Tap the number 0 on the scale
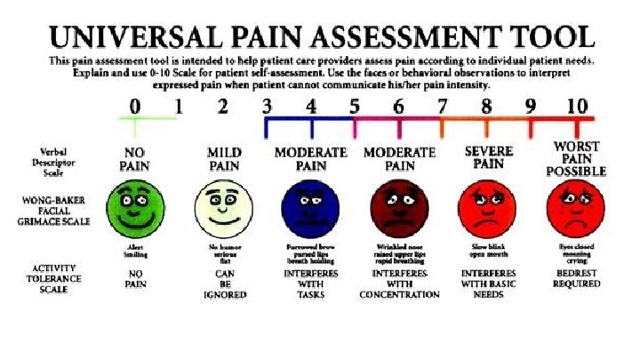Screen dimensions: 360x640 [134, 107]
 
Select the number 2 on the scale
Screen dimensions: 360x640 [223, 107]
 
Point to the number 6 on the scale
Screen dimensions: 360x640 [399, 107]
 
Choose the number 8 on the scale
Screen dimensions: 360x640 [487, 107]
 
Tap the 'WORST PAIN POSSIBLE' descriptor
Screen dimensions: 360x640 [576, 158]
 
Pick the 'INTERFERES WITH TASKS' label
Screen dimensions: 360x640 [310, 282]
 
